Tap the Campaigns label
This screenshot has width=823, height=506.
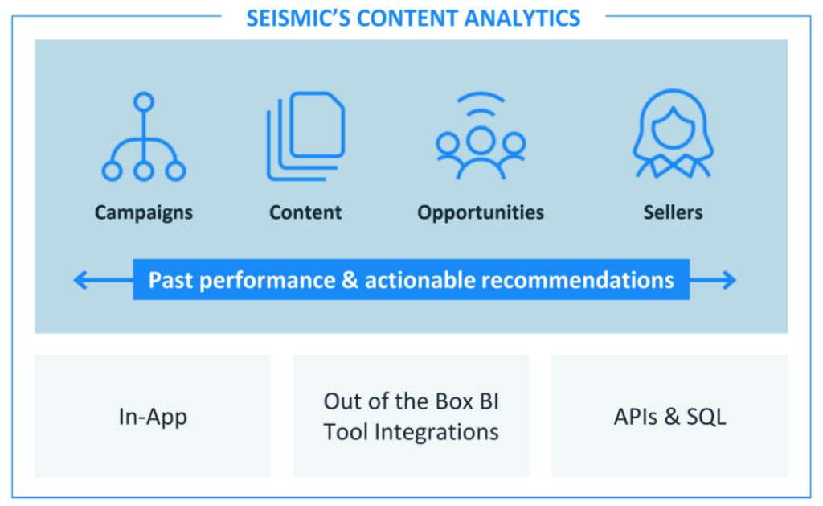[144, 212]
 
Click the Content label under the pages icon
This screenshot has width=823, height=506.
[305, 212]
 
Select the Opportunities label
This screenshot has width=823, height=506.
[481, 212]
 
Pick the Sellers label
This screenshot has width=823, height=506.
[673, 212]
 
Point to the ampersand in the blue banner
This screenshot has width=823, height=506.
[353, 280]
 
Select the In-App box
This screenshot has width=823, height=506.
[153, 417]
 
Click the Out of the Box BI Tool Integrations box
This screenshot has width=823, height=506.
[411, 417]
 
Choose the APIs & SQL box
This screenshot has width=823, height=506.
[669, 417]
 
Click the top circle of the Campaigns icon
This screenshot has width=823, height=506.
[144, 102]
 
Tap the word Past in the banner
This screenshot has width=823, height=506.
[170, 280]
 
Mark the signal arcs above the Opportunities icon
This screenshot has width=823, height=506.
[481, 105]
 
